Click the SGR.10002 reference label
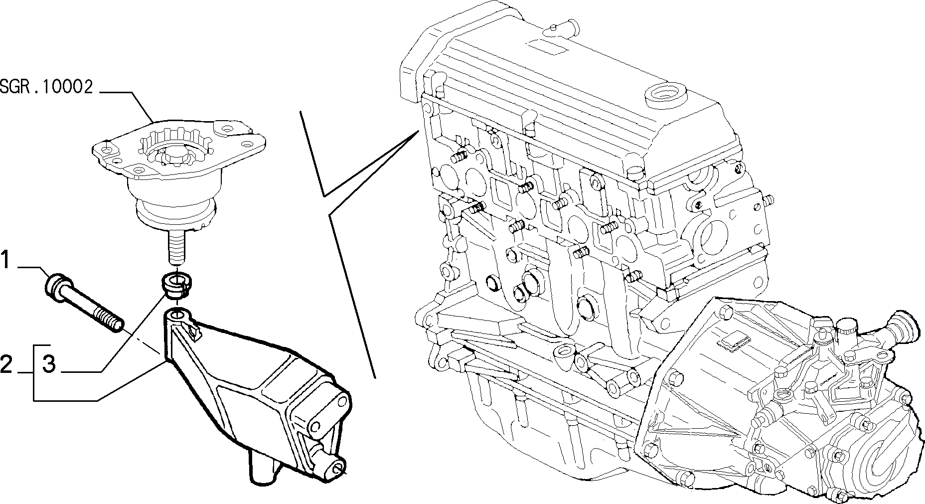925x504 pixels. (x=46, y=87)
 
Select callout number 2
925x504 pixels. (x=6, y=364)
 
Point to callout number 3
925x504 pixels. (x=49, y=364)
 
